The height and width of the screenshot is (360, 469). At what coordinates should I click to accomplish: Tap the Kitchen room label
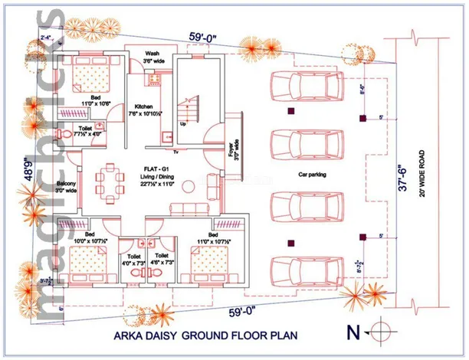145,106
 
